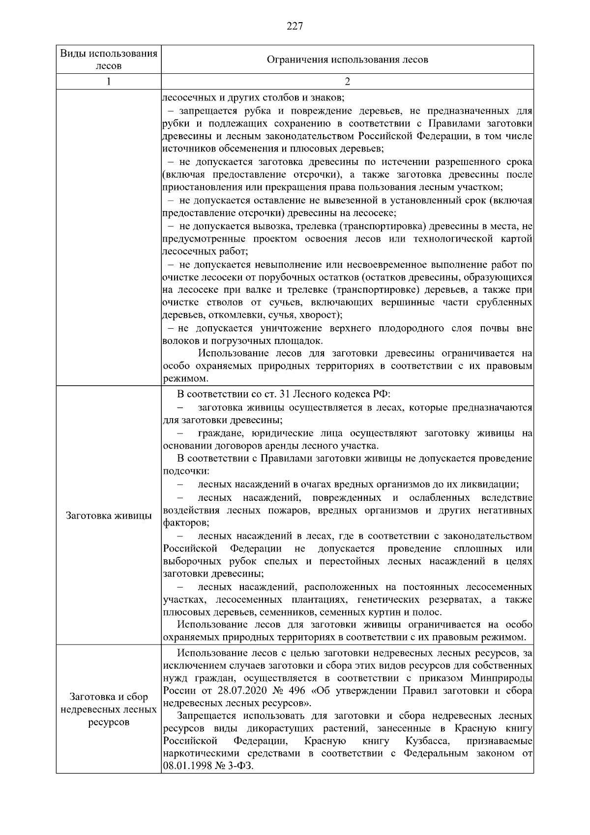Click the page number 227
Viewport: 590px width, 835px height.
click(295, 26)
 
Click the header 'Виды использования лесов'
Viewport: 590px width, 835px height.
click(109, 60)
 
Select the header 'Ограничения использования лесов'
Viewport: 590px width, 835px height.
click(347, 60)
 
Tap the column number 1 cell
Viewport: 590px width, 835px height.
click(109, 82)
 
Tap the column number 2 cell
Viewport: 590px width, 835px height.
click(347, 82)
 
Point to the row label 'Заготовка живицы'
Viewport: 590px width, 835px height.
click(109, 516)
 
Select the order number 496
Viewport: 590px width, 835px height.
click(279, 691)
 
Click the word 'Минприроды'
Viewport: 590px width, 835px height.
click(501, 678)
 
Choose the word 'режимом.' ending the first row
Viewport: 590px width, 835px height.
click(181, 379)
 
